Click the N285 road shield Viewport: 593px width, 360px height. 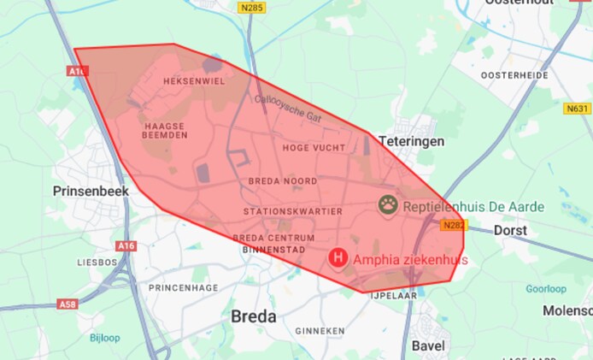[x=252, y=8]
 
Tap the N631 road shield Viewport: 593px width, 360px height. [x=577, y=109]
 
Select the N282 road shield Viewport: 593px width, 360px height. [x=454, y=226]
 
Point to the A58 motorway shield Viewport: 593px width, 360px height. [x=68, y=304]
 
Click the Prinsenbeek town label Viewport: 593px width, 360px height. [x=91, y=191]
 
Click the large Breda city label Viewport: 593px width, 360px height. [x=254, y=316]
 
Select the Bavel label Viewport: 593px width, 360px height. [x=428, y=345]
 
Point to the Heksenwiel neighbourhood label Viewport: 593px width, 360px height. [x=193, y=81]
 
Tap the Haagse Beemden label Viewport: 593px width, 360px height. [x=165, y=131]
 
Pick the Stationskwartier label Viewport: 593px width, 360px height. [x=293, y=211]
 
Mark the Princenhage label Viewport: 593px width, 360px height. [x=184, y=287]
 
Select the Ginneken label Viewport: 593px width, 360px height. [x=319, y=330]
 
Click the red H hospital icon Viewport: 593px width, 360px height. [x=339, y=257]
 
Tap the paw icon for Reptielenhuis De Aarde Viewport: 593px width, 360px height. [x=389, y=204]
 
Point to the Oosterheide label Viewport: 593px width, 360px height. [x=514, y=75]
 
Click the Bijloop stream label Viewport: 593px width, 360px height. [x=105, y=337]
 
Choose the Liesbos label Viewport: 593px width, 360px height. [x=96, y=262]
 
